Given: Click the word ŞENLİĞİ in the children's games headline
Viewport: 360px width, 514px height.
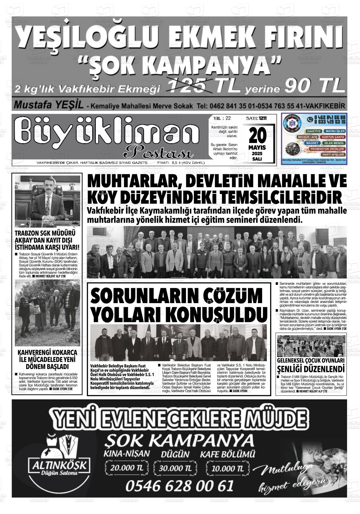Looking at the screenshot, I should (292, 369).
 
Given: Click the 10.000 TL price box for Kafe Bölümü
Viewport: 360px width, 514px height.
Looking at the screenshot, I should (227, 468).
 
